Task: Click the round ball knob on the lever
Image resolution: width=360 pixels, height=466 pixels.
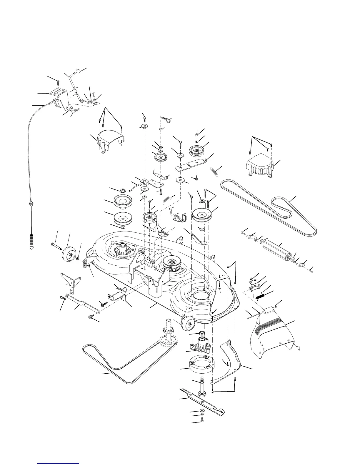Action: tap(79, 71)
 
